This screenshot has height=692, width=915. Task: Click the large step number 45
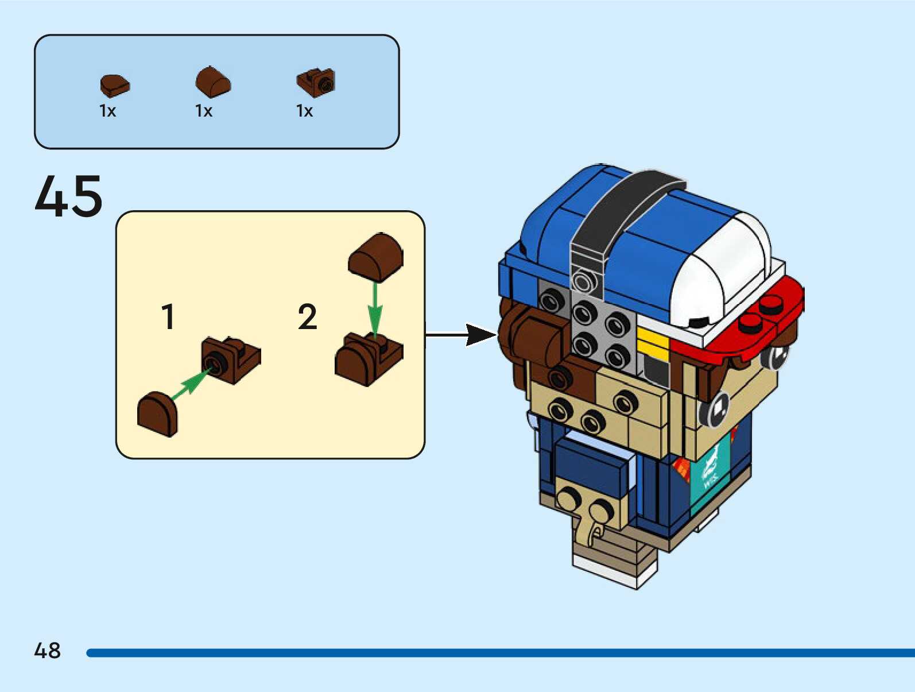69,196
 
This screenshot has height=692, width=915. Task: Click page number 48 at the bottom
47,651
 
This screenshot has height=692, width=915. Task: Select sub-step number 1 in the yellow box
168,317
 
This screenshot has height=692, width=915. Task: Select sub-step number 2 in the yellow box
308,317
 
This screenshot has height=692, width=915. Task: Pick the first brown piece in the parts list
115,86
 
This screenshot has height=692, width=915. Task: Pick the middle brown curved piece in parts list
213,82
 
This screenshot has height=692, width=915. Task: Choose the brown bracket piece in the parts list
316,82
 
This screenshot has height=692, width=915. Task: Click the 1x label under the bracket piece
304,111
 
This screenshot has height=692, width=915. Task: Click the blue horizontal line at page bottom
499,653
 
